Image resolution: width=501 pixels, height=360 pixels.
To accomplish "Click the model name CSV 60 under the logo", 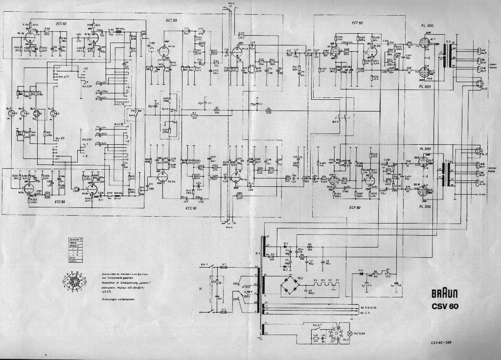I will pyautogui.click(x=445, y=307).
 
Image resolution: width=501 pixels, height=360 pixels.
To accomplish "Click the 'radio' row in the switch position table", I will pyautogui.click(x=74, y=243).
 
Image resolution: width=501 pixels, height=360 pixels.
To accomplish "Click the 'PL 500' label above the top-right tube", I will pyautogui.click(x=426, y=25).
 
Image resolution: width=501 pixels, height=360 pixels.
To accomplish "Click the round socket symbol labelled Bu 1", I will pyautogui.click(x=10, y=113).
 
